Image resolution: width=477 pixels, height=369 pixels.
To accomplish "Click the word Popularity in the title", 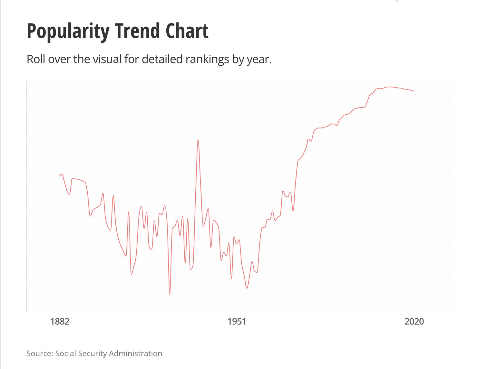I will point(68,32).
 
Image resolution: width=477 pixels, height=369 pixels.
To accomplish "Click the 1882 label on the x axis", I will point(60,321).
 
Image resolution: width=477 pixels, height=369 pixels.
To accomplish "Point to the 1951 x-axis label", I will point(237,321).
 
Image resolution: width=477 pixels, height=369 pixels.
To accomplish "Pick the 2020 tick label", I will point(414,321).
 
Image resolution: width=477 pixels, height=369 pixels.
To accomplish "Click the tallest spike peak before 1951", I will point(198,139).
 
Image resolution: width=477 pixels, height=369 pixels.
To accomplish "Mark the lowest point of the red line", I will point(170,295).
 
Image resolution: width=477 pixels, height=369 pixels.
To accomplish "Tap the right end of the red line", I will point(414,91).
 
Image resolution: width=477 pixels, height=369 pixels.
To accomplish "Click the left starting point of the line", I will point(60,175).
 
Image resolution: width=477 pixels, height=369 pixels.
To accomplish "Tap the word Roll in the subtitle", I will point(36,59).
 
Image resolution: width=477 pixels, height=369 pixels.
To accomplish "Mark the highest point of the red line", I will point(389,87).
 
